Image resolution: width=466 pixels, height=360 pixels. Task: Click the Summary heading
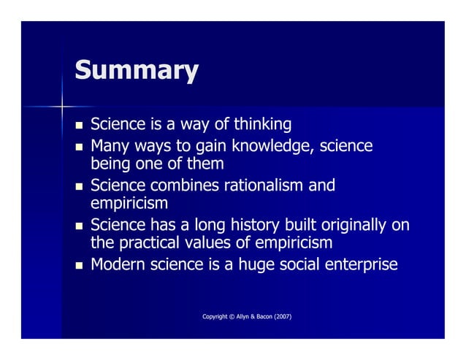[136, 71]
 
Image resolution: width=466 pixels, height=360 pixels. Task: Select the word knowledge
[271, 147]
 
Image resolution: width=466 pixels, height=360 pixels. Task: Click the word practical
[148, 242]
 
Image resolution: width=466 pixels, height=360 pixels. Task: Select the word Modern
[117, 264]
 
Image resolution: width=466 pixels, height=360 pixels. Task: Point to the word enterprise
[361, 265]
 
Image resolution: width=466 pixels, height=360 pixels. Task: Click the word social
[299, 264]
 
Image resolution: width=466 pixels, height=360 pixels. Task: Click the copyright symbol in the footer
[227, 316]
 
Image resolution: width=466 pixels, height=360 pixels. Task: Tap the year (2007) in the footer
[280, 316]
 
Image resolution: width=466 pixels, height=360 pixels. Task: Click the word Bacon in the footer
[259, 316]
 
